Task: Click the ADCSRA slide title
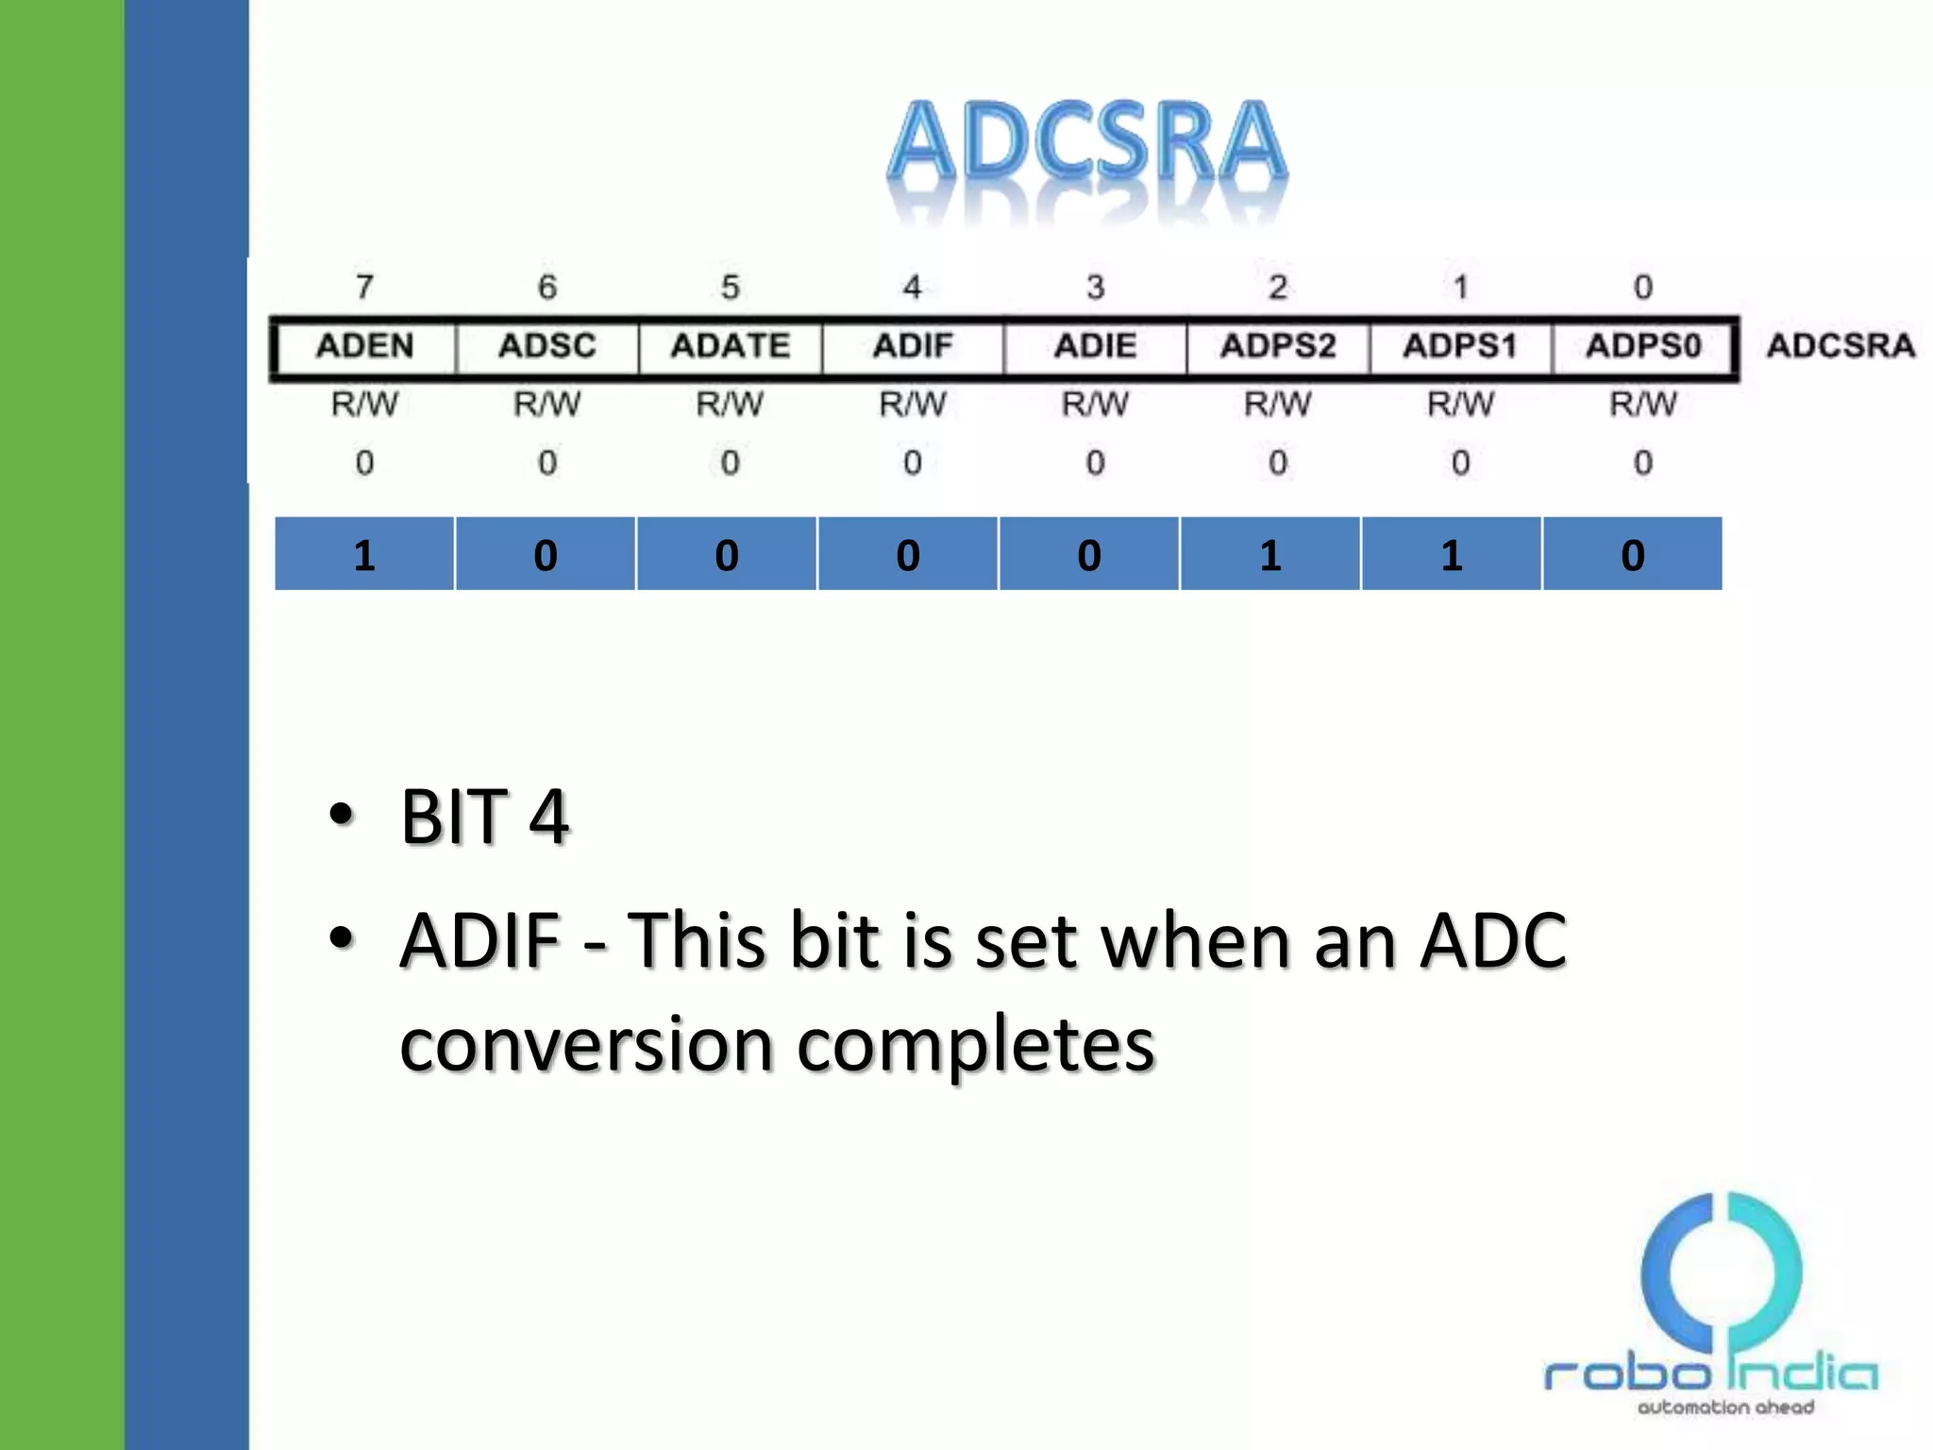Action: [1087, 142]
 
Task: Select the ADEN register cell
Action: [364, 346]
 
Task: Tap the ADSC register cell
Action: [547, 346]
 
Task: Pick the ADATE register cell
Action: [730, 346]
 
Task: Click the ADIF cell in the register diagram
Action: [913, 346]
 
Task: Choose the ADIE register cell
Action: [1095, 346]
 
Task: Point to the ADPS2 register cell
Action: [1278, 346]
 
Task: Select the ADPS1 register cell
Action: [1460, 346]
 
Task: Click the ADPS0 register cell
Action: [1643, 346]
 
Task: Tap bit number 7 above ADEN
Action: [364, 286]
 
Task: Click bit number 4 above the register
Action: [913, 286]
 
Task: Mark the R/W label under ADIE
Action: [1095, 404]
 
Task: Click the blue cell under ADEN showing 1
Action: [364, 554]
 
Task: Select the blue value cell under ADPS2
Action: [1270, 554]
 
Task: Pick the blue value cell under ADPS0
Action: [1633, 554]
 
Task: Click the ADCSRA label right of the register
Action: [1841, 346]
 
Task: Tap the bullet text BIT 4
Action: [484, 817]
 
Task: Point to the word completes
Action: [976, 1046]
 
